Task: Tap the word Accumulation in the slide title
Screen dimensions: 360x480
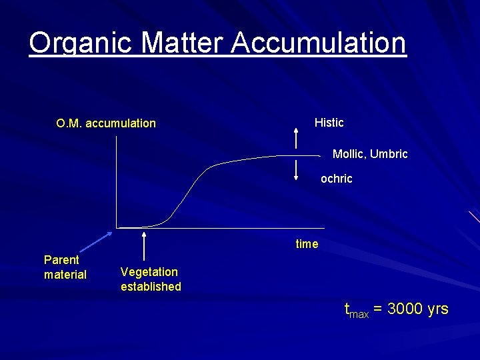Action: [319, 43]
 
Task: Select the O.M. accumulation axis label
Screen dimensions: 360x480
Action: [106, 123]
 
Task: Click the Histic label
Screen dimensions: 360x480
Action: [329, 123]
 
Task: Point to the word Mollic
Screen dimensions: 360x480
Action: [348, 155]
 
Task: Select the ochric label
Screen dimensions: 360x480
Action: [336, 179]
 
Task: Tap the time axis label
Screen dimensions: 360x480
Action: [307, 244]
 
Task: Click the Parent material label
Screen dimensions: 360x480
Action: [65, 267]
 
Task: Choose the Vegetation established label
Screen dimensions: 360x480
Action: [151, 279]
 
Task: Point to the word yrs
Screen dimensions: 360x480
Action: [436, 309]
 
